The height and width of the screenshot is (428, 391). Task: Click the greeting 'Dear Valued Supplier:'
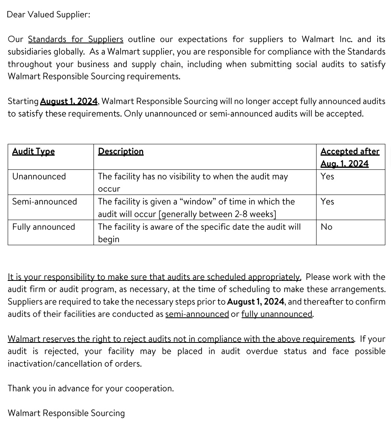tap(49, 15)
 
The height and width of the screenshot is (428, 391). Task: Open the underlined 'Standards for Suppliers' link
tap(75, 39)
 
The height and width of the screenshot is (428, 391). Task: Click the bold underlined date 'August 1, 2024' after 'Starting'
tap(69, 101)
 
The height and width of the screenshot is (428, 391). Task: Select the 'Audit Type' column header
tap(33, 152)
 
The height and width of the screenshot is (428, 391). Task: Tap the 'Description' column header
tap(121, 152)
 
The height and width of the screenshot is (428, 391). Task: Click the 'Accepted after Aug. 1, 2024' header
tap(350, 157)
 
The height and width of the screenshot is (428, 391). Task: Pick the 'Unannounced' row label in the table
tap(39, 177)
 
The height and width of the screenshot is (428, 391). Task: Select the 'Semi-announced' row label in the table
tap(45, 202)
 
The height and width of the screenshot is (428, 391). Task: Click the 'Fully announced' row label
tap(44, 227)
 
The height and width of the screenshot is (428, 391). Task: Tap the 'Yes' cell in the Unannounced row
tap(327, 177)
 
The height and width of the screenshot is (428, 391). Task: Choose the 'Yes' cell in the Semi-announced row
tap(327, 202)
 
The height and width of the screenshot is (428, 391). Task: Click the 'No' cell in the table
tap(326, 227)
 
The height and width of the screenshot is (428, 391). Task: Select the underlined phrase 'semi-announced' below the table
tap(197, 314)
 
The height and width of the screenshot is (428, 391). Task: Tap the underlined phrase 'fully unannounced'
tap(277, 314)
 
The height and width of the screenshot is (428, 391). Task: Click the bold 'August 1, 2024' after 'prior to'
tap(256, 302)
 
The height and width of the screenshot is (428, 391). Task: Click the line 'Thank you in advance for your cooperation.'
tap(91, 389)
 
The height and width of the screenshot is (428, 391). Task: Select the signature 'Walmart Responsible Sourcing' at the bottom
tap(66, 413)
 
